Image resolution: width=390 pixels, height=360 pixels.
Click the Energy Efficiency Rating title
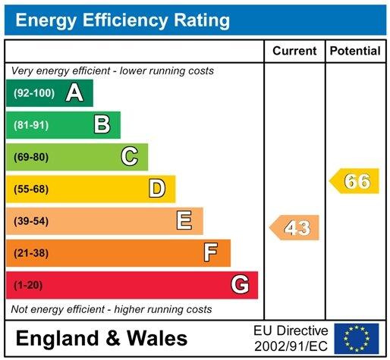[122, 20]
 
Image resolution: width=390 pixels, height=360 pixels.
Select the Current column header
[294, 51]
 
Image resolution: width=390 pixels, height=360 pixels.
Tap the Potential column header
[355, 51]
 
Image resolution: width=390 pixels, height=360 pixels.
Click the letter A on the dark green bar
[74, 93]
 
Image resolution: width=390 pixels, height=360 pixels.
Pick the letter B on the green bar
[102, 124]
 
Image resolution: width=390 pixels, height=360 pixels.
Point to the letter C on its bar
[130, 157]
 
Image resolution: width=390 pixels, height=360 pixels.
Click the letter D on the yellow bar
[157, 189]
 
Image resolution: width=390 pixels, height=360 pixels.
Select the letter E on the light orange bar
[184, 221]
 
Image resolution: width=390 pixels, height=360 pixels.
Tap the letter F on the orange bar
[212, 252]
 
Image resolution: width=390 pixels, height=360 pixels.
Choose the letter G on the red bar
[240, 285]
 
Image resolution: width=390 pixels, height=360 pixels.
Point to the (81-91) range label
[30, 125]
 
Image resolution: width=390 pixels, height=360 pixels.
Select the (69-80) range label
[30, 157]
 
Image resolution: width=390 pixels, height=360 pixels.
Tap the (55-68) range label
[30, 189]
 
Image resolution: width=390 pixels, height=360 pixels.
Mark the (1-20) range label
[27, 285]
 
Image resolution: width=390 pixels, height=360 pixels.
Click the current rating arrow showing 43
[295, 227]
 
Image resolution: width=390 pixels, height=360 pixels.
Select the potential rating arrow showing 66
[354, 181]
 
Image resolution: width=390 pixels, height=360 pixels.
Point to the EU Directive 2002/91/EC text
[291, 338]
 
